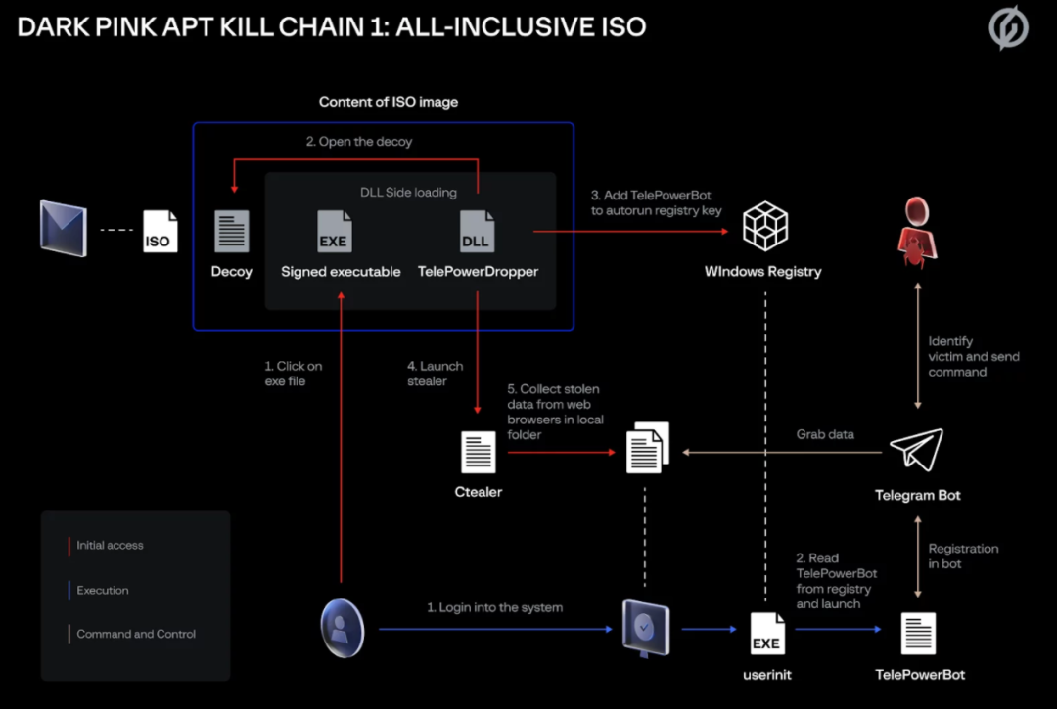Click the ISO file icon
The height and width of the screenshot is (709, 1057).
tap(161, 232)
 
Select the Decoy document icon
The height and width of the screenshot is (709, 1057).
tap(232, 232)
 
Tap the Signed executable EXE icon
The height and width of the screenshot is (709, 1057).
tap(335, 232)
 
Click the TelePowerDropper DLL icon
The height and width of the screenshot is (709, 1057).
tap(477, 232)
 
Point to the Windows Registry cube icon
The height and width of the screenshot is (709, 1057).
tap(763, 226)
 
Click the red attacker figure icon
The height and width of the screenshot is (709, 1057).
tap(917, 231)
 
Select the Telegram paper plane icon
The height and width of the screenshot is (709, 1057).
tap(916, 450)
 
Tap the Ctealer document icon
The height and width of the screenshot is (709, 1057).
tap(478, 453)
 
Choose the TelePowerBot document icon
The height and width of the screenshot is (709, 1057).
tap(918, 634)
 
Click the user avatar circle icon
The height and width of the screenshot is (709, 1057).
tap(343, 628)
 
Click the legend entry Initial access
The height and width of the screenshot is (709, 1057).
tap(110, 546)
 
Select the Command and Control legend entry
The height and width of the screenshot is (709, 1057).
tap(136, 634)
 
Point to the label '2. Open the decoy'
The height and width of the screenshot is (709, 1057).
tap(359, 142)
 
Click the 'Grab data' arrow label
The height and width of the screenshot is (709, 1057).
tap(825, 434)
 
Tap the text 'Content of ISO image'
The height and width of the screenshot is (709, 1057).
tap(389, 102)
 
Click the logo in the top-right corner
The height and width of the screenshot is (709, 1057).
tap(1008, 28)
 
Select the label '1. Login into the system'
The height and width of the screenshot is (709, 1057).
tap(494, 607)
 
